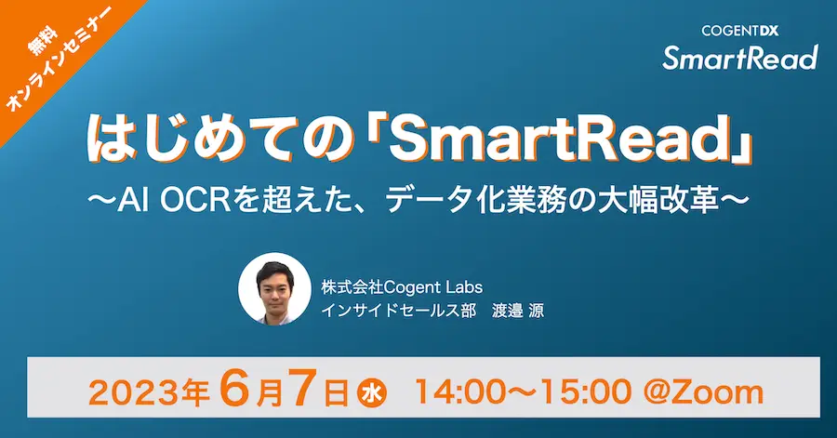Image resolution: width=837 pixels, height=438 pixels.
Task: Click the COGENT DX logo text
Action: pos(740,32)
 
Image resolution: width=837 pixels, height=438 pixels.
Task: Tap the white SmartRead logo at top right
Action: pos(740,58)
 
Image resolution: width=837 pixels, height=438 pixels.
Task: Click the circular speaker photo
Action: pos(274,288)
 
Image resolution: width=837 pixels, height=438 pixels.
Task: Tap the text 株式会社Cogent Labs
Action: pos(402,287)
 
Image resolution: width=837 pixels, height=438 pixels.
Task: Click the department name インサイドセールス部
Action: pos(398,310)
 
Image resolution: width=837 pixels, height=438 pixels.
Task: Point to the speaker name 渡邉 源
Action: pos(518,310)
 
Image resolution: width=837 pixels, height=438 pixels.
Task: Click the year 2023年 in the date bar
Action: pos(149,393)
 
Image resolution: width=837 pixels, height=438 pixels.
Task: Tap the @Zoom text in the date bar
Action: pos(703,393)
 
